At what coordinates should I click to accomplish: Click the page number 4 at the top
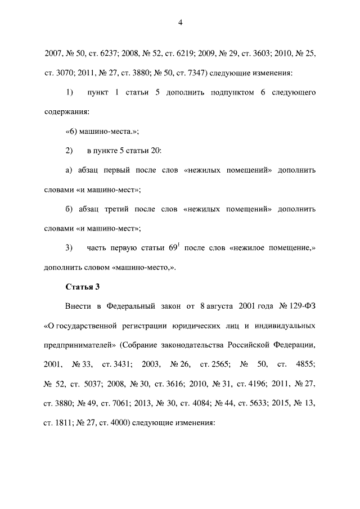point(180,22)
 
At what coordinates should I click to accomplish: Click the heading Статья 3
point(83,287)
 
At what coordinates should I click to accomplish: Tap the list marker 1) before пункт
point(70,92)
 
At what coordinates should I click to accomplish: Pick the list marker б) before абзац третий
point(70,209)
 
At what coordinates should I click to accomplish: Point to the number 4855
point(304,364)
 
